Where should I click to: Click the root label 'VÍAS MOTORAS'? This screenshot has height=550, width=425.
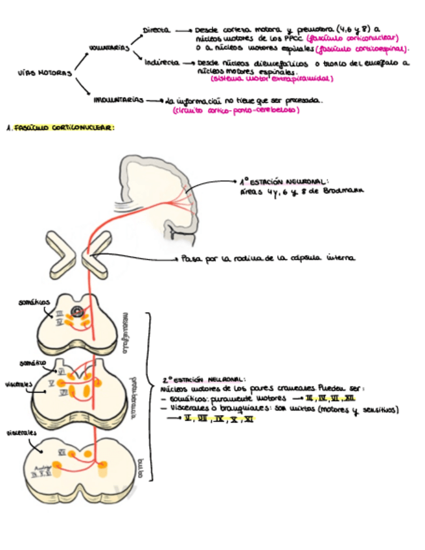point(45,73)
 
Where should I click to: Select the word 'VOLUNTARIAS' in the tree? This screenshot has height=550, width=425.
point(109,47)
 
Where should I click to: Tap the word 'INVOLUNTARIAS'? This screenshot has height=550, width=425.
point(118,101)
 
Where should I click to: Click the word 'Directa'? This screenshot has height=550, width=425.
point(156,30)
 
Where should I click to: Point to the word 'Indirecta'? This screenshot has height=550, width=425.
point(162,63)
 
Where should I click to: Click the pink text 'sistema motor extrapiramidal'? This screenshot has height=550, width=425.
point(271,79)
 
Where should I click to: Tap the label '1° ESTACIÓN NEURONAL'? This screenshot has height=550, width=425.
point(286,182)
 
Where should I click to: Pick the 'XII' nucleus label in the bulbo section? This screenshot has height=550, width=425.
point(62,452)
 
